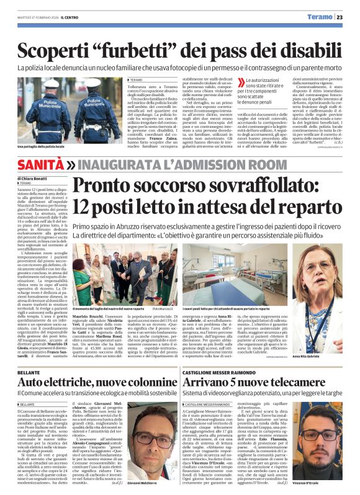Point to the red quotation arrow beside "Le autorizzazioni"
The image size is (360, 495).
(241, 82)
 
